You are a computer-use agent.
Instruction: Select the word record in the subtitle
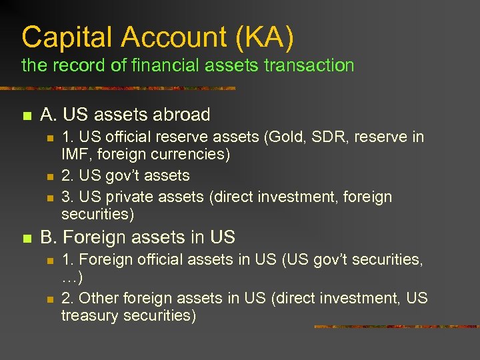pyautogui.click(x=79, y=65)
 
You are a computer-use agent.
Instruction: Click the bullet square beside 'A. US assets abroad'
pyautogui.click(x=27, y=116)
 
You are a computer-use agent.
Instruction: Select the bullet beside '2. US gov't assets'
pyautogui.click(x=49, y=177)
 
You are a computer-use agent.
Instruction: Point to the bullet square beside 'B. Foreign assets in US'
pyautogui.click(x=27, y=239)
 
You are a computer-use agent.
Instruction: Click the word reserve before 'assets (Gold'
pyautogui.click(x=188, y=137)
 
